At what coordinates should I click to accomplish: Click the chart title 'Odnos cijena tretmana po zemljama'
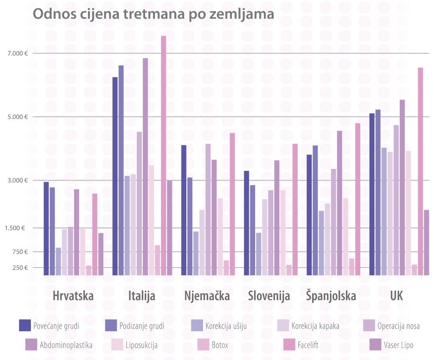point(153,14)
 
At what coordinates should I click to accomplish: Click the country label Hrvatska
point(73,296)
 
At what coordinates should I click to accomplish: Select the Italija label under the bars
point(142,296)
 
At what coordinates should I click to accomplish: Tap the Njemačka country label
point(207,296)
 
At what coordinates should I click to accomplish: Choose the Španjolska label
point(331,296)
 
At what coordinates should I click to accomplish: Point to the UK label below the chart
point(396,296)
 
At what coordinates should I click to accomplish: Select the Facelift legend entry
point(309,346)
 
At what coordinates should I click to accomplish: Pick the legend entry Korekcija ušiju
point(226,326)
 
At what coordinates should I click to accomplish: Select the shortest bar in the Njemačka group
point(226,268)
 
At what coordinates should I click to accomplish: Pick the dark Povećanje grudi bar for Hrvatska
point(46,228)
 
